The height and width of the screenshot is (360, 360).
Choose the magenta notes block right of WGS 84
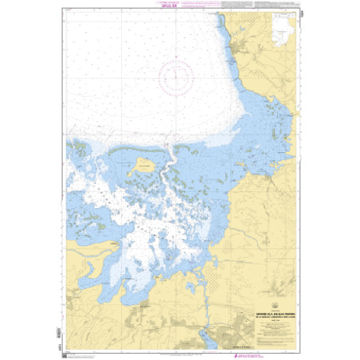209,10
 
